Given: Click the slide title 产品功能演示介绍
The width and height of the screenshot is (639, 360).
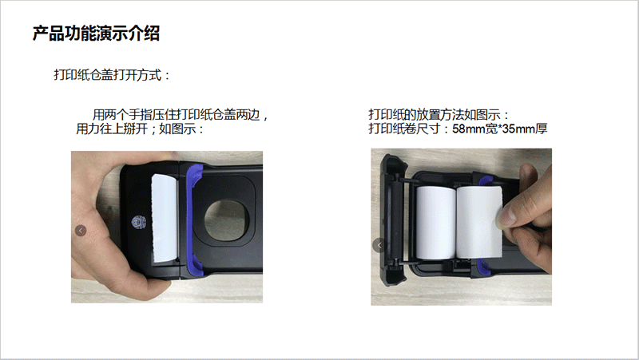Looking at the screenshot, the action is point(96,34).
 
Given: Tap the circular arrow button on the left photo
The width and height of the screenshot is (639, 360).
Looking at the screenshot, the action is point(81,231).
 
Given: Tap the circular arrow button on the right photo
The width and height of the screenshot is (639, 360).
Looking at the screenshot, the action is point(379,245).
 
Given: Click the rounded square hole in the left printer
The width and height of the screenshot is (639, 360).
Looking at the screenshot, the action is point(227,220).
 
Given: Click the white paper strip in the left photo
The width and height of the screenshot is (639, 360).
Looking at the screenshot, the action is point(164,218).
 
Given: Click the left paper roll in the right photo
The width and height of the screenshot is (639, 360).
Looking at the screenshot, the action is point(435,223).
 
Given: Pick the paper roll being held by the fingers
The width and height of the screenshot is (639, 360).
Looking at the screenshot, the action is point(479,222).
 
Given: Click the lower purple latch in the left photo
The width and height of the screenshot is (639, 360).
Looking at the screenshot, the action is point(194,262).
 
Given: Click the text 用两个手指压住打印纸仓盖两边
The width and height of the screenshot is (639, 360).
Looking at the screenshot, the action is point(176,115).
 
